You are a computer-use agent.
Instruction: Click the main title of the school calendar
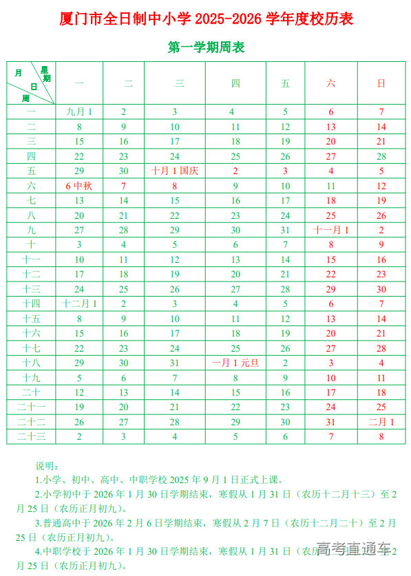(x=206, y=19)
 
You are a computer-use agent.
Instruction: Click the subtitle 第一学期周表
(x=206, y=47)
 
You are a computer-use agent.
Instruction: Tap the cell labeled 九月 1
(x=79, y=111)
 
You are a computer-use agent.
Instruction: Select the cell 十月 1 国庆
(x=175, y=171)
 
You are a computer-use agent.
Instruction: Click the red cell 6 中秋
(x=79, y=186)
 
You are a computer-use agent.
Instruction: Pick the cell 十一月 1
(x=331, y=230)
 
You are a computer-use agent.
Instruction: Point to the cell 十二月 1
(x=79, y=303)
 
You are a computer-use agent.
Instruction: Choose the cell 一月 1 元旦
(x=235, y=363)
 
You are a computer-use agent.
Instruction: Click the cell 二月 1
(x=381, y=422)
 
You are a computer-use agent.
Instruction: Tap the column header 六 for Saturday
(x=331, y=83)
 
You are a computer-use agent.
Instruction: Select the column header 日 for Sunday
(x=381, y=83)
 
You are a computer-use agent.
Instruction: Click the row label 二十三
(x=32, y=436)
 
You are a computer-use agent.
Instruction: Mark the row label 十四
(x=32, y=303)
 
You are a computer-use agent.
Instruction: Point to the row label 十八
(x=32, y=363)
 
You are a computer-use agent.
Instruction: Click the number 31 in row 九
(x=286, y=230)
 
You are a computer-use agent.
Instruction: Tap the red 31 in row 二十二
(x=331, y=422)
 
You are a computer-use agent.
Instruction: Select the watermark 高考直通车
(x=354, y=548)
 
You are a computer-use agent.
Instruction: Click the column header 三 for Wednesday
(x=180, y=83)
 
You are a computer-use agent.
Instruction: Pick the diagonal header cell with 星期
(x=32, y=83)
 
